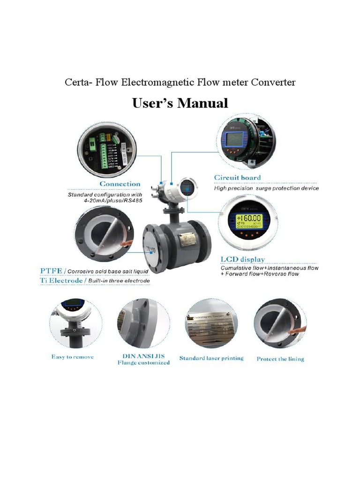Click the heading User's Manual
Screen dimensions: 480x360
click(x=180, y=103)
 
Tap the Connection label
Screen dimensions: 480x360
click(x=120, y=184)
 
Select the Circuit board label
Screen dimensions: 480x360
click(x=237, y=178)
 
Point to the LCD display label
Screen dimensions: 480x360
click(x=242, y=259)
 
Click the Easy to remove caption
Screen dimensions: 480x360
click(x=72, y=357)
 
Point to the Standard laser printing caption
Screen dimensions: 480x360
click(x=211, y=358)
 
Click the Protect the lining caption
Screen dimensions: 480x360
click(x=280, y=359)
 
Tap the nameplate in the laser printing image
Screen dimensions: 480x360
click(x=211, y=324)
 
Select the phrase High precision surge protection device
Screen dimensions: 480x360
click(x=266, y=188)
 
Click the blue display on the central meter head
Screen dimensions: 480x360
click(x=187, y=187)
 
